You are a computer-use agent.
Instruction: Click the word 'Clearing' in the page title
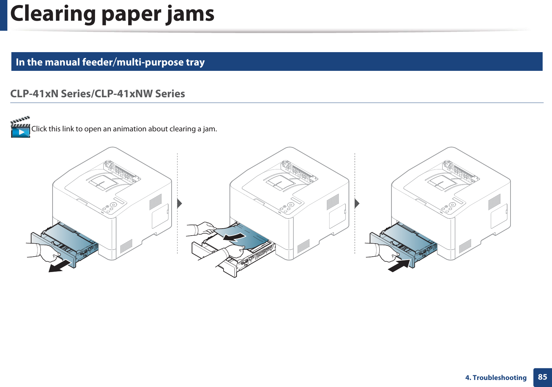point(53,14)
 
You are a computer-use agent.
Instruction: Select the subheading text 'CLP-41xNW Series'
point(140,94)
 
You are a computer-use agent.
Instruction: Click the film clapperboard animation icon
point(20,127)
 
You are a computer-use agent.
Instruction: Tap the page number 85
point(542,377)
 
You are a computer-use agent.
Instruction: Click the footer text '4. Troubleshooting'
point(496,378)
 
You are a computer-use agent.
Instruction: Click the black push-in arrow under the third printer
point(399,265)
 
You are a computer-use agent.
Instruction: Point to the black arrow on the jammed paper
point(234,237)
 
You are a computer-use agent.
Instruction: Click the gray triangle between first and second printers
point(180,203)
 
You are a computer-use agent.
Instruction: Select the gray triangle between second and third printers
point(357,203)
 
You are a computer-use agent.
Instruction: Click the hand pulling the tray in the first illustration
point(47,253)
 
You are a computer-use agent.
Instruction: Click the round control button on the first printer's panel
point(113,205)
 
